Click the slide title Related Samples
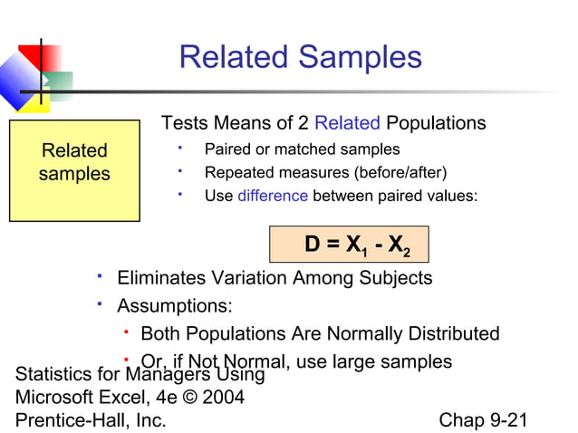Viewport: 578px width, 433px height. click(x=300, y=57)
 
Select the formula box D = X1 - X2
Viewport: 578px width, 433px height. click(x=348, y=245)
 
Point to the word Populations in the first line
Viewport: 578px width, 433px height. click(x=436, y=123)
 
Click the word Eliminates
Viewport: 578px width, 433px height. click(x=160, y=278)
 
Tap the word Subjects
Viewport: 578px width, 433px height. click(x=396, y=278)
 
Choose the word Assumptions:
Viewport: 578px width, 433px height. click(x=175, y=305)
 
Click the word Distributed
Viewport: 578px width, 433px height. click(x=448, y=333)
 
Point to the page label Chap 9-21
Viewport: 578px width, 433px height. click(x=483, y=420)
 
